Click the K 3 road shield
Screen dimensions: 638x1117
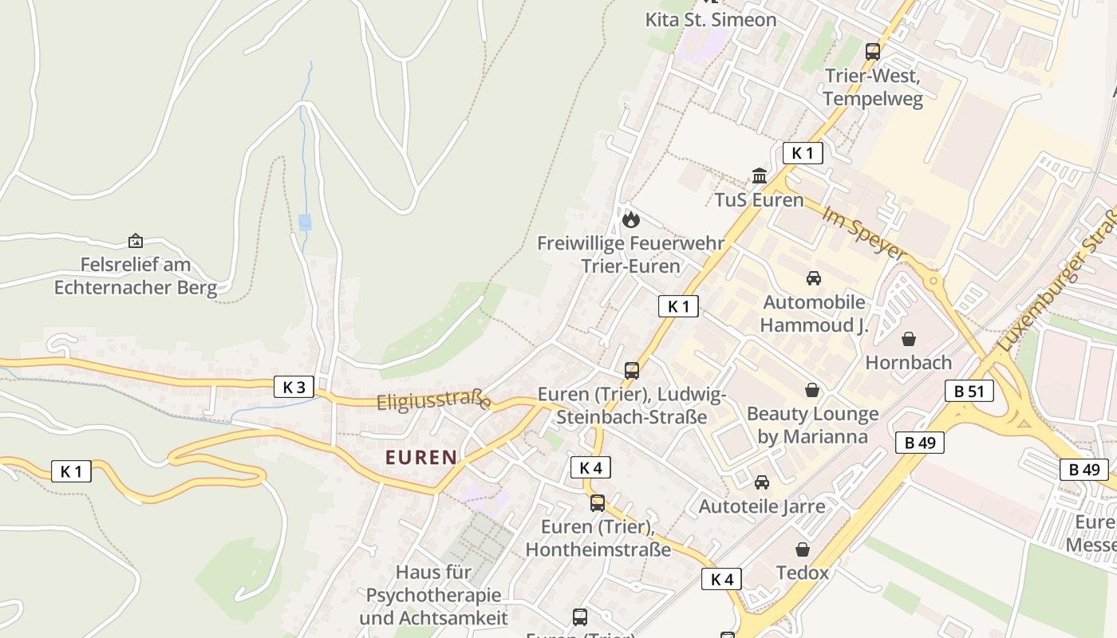pyautogui.click(x=294, y=388)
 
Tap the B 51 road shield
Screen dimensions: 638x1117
pyautogui.click(x=969, y=391)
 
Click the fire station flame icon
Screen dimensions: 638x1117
pyautogui.click(x=631, y=219)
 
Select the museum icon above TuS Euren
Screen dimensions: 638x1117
pyautogui.click(x=760, y=175)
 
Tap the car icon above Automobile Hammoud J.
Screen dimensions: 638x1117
pyautogui.click(x=814, y=278)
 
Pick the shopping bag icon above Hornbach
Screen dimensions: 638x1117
pyautogui.click(x=909, y=339)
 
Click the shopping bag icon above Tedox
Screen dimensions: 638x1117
pyautogui.click(x=803, y=549)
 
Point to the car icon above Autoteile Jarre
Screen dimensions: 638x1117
pyautogui.click(x=762, y=482)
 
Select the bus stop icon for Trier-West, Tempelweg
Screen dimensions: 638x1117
pyautogui.click(x=873, y=52)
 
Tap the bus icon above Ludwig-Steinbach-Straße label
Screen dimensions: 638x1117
pyautogui.click(x=632, y=371)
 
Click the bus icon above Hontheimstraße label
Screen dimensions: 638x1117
pyautogui.click(x=598, y=503)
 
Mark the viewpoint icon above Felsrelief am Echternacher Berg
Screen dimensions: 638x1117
pyautogui.click(x=136, y=240)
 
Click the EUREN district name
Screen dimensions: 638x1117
pyautogui.click(x=421, y=458)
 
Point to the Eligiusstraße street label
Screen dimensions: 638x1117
pyautogui.click(x=433, y=400)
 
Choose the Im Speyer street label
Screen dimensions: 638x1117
pyautogui.click(x=865, y=233)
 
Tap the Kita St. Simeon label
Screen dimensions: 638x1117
pyautogui.click(x=710, y=20)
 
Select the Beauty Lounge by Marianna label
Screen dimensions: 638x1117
pyautogui.click(x=812, y=425)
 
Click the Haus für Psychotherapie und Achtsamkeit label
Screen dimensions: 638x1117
pyautogui.click(x=433, y=595)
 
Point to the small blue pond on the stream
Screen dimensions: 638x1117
pyautogui.click(x=305, y=222)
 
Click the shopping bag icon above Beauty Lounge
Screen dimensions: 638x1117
pyautogui.click(x=812, y=390)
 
